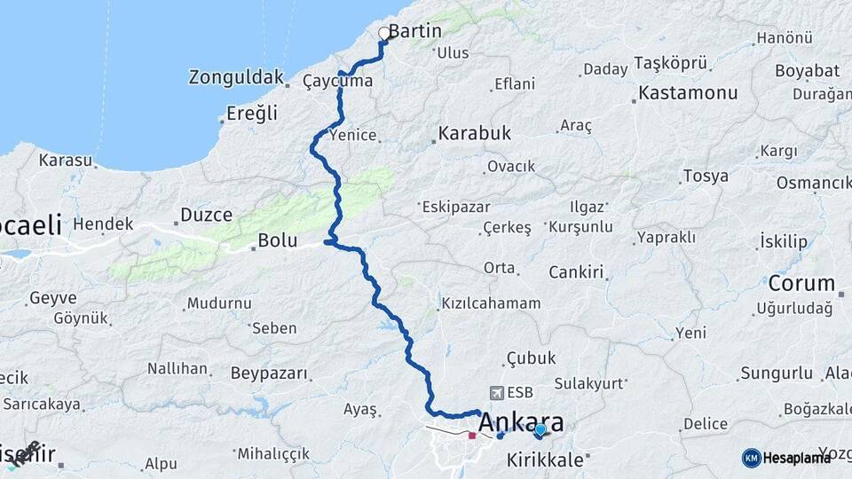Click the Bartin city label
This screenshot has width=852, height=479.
coord(414,31)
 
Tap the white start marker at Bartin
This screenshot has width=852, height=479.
coord(383,34)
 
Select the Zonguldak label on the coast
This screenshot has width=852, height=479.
coord(235,77)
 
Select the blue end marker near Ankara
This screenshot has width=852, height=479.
coord(540,430)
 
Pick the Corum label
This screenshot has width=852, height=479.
coord(801,284)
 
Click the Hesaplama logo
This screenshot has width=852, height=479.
coord(786,457)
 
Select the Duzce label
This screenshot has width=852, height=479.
coord(206,215)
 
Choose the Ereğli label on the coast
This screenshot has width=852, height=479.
coord(252,114)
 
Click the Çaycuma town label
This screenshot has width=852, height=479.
coord(337,82)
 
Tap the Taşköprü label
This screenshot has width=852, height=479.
coord(671,63)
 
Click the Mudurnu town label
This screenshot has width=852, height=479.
coord(218,303)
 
